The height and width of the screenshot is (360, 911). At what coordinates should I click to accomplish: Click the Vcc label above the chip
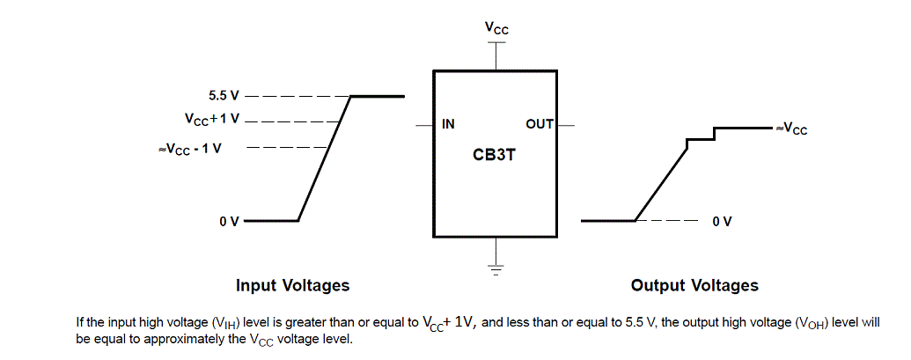pos(496,28)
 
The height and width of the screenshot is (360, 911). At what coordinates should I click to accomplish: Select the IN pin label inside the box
pos(448,124)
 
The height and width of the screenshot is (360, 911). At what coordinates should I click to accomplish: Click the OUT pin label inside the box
pos(539,124)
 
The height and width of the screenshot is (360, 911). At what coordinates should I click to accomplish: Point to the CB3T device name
pos(494,156)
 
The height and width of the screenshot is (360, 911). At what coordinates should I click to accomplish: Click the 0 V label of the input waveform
pos(229,220)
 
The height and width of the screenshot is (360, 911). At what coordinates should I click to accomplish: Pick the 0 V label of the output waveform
pos(722,220)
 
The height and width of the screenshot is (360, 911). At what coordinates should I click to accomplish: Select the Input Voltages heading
pos(292,285)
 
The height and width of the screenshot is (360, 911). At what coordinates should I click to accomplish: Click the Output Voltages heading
pos(694,285)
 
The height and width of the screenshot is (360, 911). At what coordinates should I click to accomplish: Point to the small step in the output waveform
pos(701,137)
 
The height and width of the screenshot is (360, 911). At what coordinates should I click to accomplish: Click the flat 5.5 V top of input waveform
pos(378,96)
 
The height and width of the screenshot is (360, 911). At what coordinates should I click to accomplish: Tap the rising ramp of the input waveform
pos(325,158)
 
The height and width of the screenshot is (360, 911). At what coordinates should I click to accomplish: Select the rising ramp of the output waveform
pos(660,180)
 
